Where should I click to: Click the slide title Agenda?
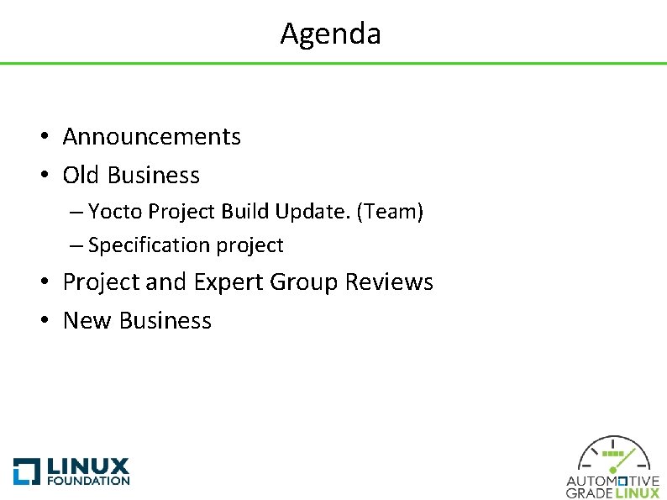pos(330,34)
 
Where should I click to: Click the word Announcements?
pos(151,136)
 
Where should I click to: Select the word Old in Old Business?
pos(81,175)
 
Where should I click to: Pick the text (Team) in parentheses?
pos(390,212)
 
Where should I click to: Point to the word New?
pos(87,320)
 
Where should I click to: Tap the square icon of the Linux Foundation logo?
pos(26,471)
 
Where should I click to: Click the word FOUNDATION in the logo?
pos(88,482)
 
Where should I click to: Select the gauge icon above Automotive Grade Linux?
pos(613,455)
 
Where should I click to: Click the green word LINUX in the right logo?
pos(638,493)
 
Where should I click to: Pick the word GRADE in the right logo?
pos(590,493)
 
